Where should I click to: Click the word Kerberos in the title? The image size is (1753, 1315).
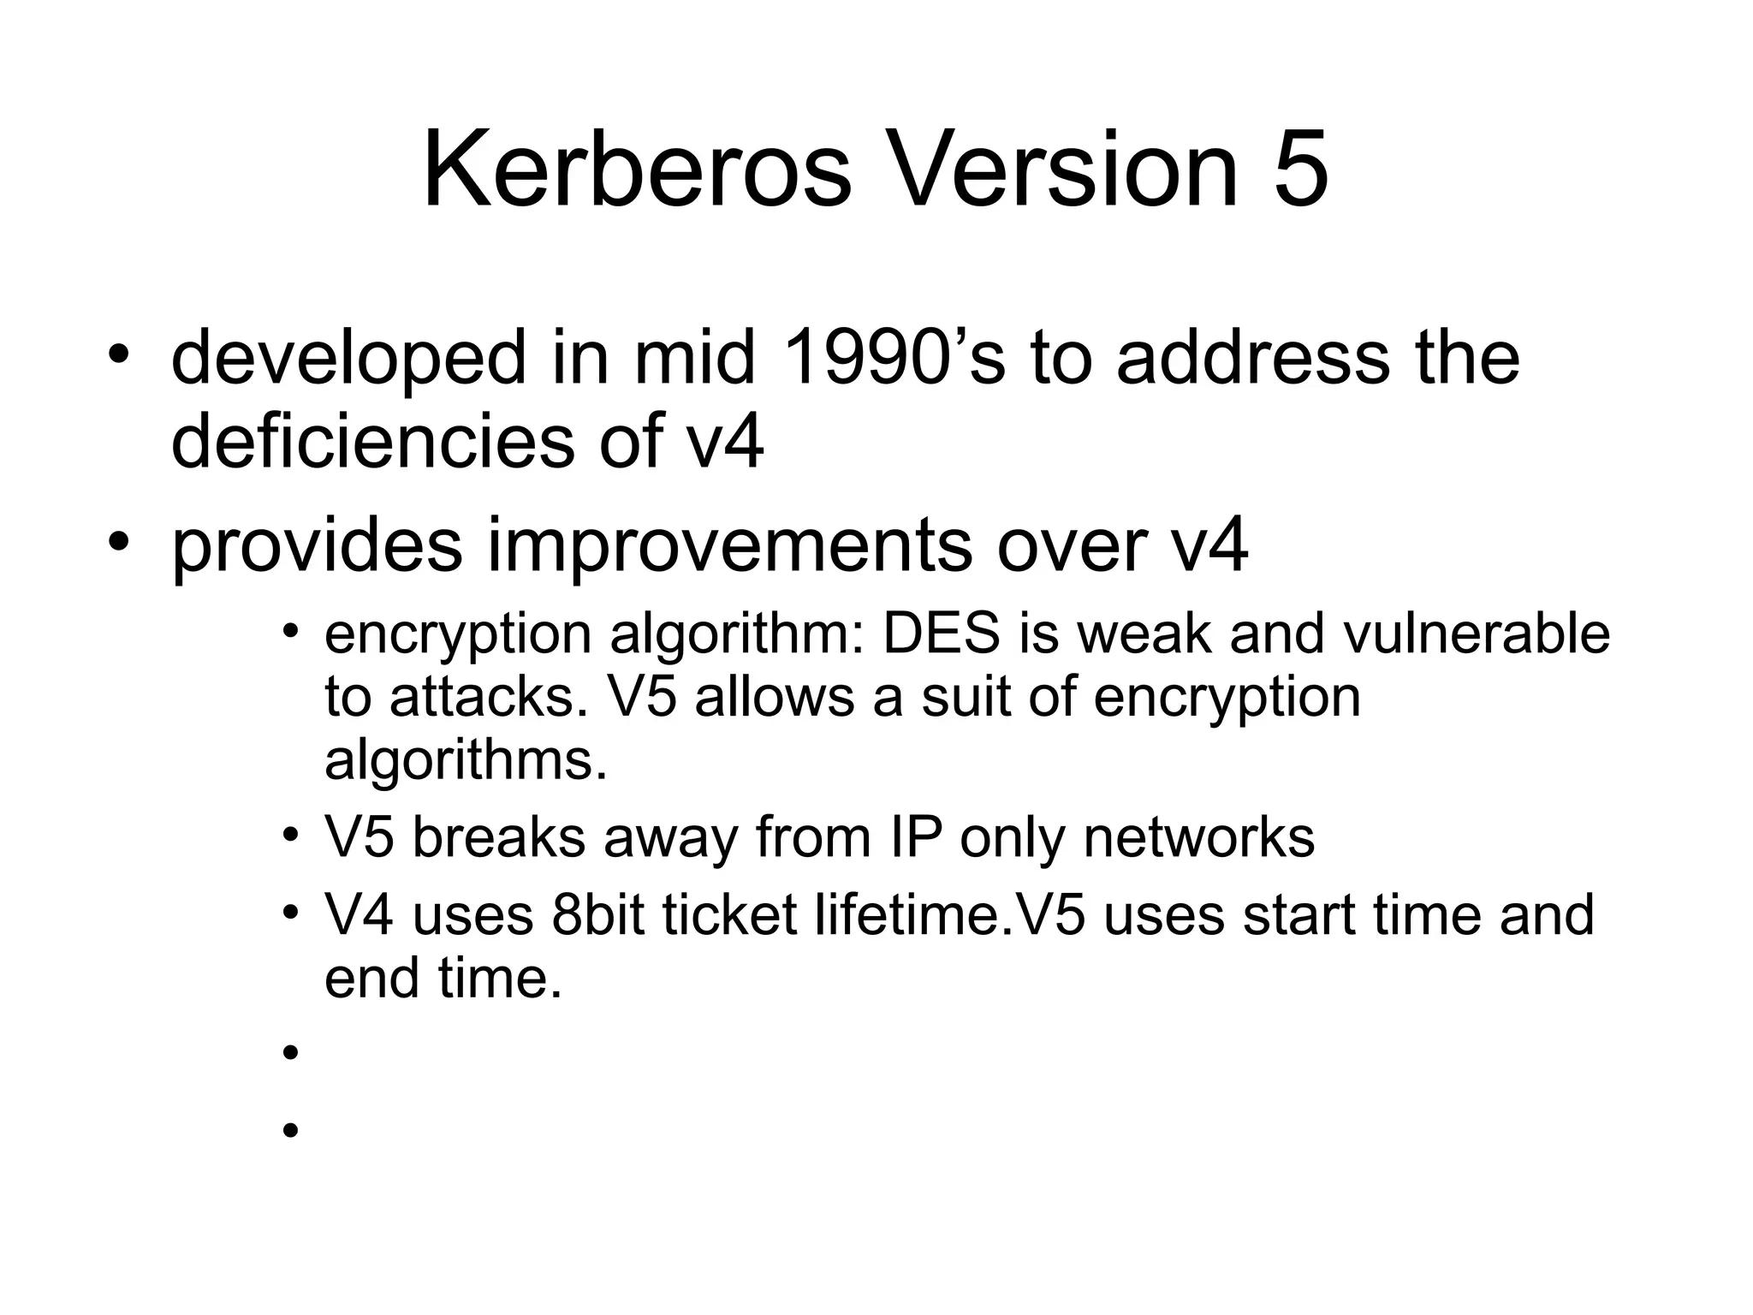click(638, 169)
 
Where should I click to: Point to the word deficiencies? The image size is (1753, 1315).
click(373, 441)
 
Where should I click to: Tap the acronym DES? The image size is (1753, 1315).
click(942, 634)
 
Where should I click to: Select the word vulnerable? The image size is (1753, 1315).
click(1477, 634)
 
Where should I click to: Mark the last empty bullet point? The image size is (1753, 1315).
click(290, 1130)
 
